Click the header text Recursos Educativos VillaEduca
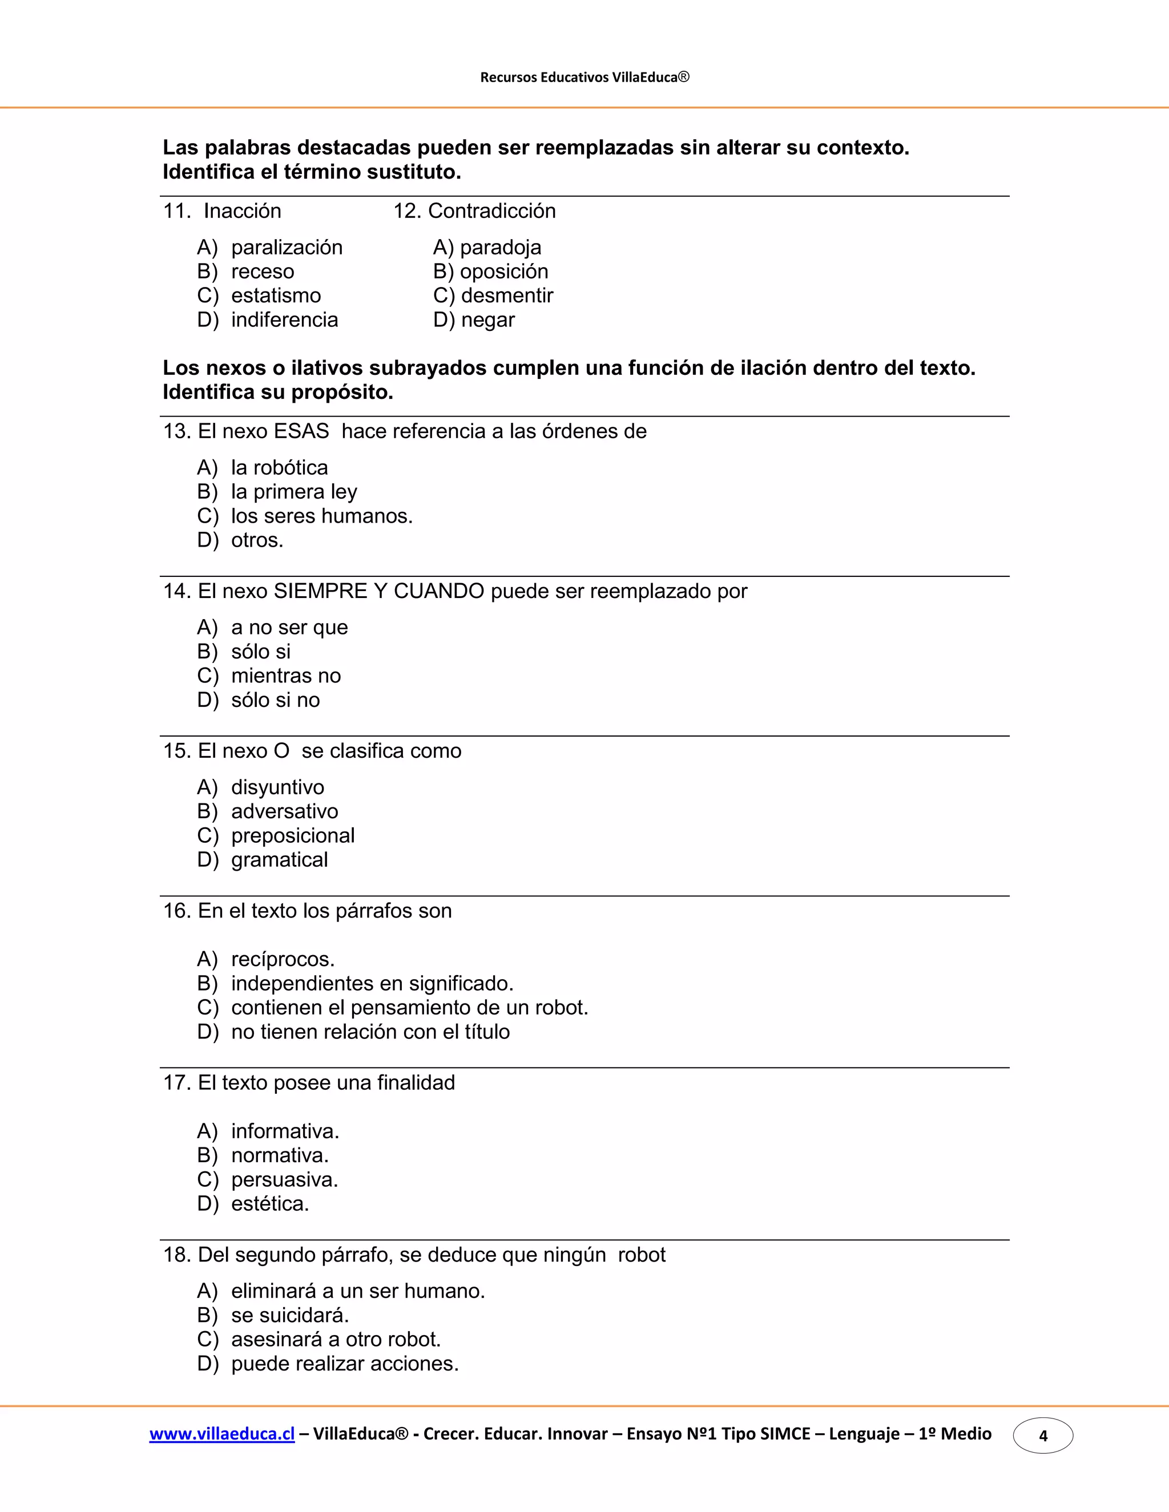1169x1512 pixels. tap(584, 77)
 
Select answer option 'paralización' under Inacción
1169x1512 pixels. tap(286, 247)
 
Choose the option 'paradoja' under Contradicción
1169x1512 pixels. tap(500, 247)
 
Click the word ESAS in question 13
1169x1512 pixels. tap(301, 431)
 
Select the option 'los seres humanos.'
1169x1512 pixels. tap(321, 516)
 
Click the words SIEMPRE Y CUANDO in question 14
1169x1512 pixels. tap(379, 591)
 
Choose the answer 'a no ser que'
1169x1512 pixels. tap(289, 627)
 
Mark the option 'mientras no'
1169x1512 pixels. tap(285, 676)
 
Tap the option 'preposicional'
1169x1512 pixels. tap(292, 836)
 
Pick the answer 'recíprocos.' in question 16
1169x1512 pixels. tap(283, 960)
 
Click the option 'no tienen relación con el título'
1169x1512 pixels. tap(370, 1032)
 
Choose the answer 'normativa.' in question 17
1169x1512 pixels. tap(280, 1155)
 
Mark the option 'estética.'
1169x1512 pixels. tap(269, 1204)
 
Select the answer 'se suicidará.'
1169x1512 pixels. tap(289, 1315)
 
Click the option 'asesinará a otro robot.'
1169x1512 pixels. tap(335, 1340)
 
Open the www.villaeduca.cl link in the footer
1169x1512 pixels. tap(221, 1434)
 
